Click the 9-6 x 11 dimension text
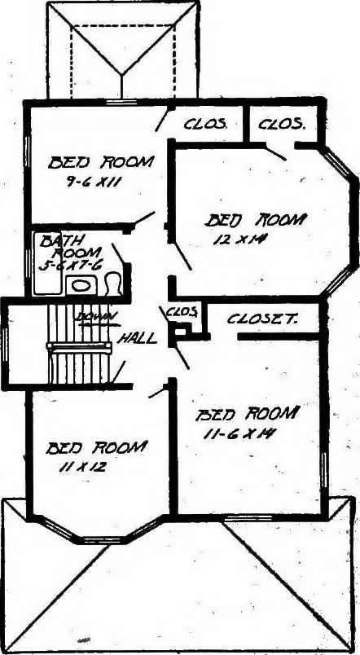(x=93, y=182)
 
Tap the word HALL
(x=137, y=337)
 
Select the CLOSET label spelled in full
(x=262, y=319)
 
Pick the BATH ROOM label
(x=70, y=247)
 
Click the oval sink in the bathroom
(x=81, y=286)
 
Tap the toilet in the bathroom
(x=112, y=284)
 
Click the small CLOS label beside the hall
(x=182, y=312)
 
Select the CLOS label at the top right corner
(x=281, y=124)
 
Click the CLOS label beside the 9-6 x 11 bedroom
(x=205, y=124)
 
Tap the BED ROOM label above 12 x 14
(x=256, y=220)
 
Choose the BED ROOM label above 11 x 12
(x=96, y=448)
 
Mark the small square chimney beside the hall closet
(x=179, y=332)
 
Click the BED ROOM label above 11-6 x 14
(x=248, y=414)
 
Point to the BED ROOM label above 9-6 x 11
(x=101, y=162)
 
